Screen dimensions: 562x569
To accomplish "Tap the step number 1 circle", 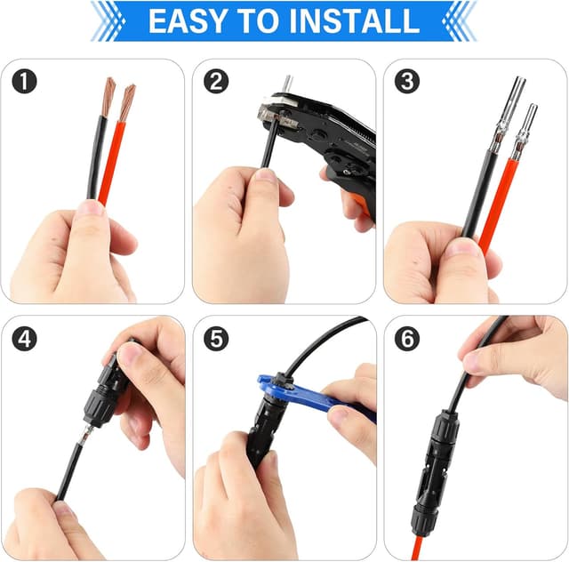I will tap(26, 82).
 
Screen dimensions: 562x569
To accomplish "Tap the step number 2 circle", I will tap(216, 82).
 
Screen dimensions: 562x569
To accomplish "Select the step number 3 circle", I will tap(408, 82).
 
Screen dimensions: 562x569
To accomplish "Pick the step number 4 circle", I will tap(26, 339).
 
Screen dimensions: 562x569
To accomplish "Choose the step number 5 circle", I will tap(216, 339).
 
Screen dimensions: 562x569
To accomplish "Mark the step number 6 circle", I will tap(408, 339).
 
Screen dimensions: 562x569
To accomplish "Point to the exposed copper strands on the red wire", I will tap(126, 100).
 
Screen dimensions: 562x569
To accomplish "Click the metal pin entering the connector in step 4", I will tap(83, 436).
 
